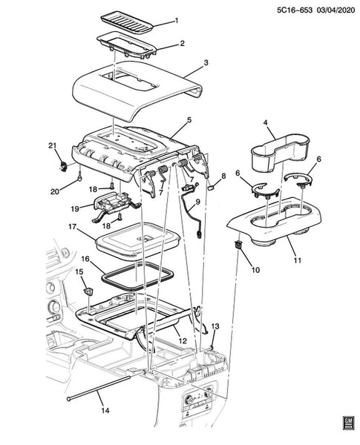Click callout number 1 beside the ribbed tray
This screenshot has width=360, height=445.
click(176, 21)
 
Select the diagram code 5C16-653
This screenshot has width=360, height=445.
click(295, 10)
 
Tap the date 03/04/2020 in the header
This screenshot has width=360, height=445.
click(336, 10)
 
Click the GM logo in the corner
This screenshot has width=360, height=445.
click(347, 423)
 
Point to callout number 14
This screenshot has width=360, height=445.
click(105, 410)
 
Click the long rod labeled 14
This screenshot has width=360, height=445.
click(99, 388)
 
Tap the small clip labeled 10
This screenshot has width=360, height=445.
click(238, 244)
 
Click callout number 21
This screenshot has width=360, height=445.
click(53, 146)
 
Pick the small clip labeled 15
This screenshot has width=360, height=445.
click(88, 291)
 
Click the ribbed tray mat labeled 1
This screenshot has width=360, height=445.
click(127, 22)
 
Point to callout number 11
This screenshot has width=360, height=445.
click(298, 260)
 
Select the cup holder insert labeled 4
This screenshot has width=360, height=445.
click(280, 152)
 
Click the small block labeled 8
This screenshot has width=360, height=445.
click(212, 187)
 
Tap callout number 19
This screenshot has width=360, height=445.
click(75, 209)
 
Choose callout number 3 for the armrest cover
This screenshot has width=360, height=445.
click(206, 62)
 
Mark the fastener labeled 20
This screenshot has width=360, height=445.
click(80, 176)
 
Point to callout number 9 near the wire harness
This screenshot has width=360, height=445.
click(197, 202)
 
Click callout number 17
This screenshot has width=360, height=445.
click(73, 227)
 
